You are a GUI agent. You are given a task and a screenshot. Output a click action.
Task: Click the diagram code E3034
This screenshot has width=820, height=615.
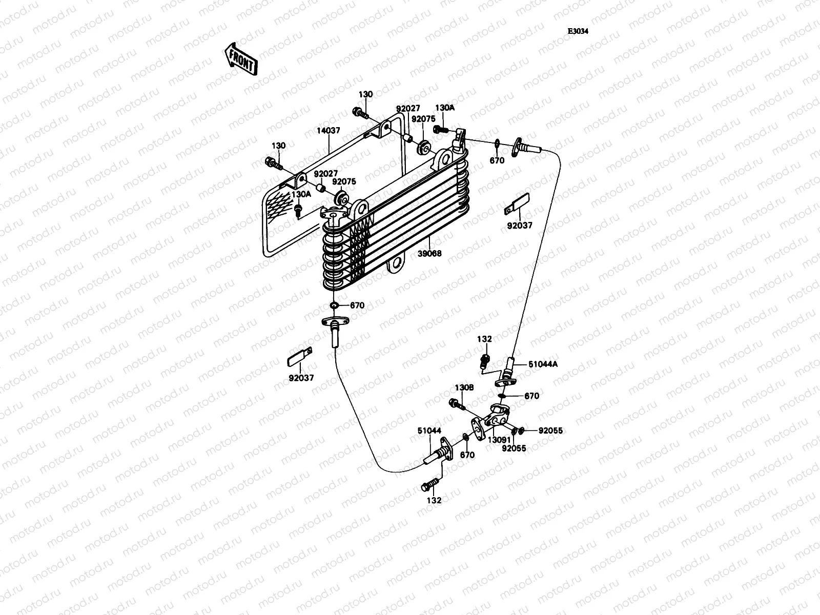[x=578, y=31]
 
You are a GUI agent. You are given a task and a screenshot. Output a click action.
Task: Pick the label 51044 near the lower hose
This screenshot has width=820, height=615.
[x=429, y=431]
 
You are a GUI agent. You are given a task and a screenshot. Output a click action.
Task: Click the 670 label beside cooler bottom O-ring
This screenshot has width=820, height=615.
[x=357, y=305]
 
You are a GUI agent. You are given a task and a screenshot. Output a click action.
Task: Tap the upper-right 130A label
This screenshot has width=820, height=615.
[x=444, y=108]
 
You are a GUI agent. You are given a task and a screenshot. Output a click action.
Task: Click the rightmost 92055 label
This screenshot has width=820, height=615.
[x=550, y=430]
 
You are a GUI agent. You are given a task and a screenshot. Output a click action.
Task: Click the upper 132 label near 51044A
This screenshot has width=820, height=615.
[x=484, y=339]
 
